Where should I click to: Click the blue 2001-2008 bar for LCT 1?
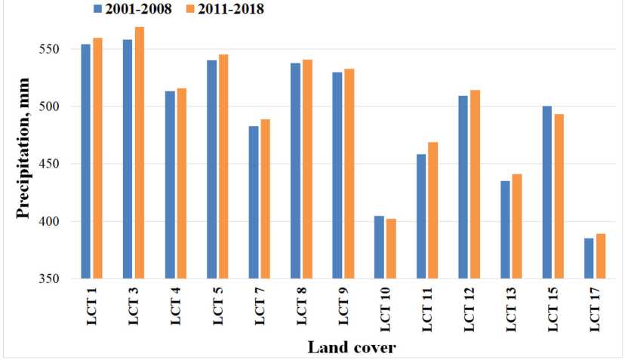pyautogui.click(x=86, y=162)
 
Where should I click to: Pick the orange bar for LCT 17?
pyautogui.click(x=601, y=257)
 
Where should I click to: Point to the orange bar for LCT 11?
pyautogui.click(x=433, y=211)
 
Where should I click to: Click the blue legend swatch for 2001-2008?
pyautogui.click(x=98, y=10)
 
